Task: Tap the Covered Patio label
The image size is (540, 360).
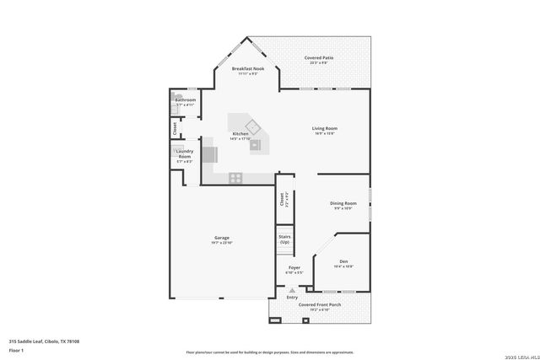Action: coord(318,57)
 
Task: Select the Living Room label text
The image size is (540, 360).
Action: coord(324,128)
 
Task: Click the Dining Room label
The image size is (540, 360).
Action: coord(343,202)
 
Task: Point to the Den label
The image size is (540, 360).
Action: coord(343,261)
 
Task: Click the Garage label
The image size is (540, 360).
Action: coord(221,238)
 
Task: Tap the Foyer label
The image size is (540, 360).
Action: coord(294,267)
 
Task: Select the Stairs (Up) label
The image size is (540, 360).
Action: coord(284,239)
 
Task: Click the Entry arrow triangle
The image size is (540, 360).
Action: coord(292,289)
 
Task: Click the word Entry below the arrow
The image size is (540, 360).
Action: coord(292,298)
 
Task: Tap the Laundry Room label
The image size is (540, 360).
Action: coord(184,154)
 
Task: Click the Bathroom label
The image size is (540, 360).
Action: coord(185,99)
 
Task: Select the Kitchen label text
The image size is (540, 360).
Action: coord(240,133)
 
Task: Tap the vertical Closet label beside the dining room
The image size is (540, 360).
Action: coord(282,201)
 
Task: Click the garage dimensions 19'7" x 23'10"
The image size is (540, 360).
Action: coord(221,244)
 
